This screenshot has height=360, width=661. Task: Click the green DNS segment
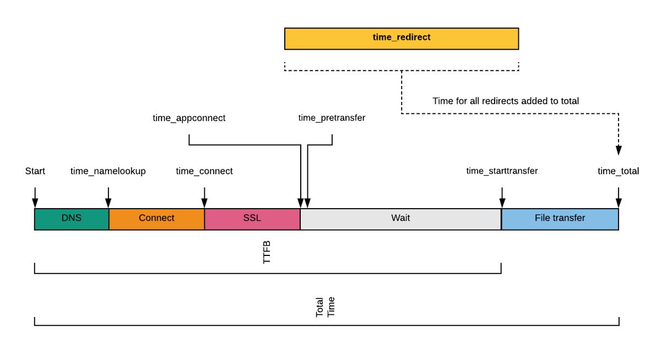[72, 219]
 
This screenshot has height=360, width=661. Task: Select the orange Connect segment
[156, 219]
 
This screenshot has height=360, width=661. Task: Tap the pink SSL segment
[252, 219]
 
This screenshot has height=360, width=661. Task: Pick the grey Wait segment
[401, 219]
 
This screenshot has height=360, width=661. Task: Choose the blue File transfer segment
[560, 219]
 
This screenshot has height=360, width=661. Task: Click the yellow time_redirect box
[402, 39]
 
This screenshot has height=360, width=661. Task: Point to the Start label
[35, 171]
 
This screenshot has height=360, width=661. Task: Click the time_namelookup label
[108, 171]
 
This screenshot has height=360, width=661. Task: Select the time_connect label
[204, 171]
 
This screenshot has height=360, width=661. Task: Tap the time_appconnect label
[189, 118]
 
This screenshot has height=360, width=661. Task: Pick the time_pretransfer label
[332, 118]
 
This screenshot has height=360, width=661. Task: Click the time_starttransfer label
[502, 171]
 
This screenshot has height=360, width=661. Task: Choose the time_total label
[619, 171]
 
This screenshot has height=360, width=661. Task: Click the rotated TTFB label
[267, 252]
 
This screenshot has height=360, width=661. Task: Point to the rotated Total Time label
[325, 307]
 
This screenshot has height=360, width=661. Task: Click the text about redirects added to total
[506, 101]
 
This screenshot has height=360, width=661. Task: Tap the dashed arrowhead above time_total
[619, 150]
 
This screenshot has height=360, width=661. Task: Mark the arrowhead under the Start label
[35, 203]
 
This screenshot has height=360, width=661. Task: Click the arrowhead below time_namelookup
[109, 203]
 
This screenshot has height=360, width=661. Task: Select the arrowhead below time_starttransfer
[502, 203]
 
